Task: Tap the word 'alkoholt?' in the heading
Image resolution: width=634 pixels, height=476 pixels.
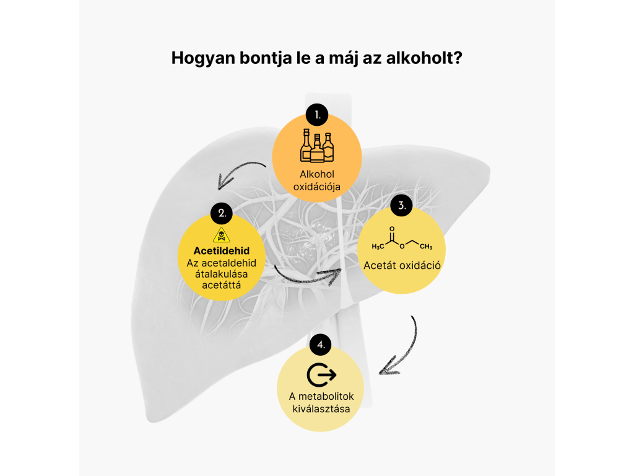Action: [x=424, y=58]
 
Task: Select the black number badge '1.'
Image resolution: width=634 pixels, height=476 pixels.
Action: [x=317, y=115]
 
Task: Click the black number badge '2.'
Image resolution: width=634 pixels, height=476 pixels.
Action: [x=222, y=213]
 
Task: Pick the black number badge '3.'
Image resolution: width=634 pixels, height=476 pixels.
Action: [x=401, y=205]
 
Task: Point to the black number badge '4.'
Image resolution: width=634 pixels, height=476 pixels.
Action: [x=321, y=345]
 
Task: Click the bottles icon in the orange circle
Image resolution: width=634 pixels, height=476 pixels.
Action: [x=317, y=146]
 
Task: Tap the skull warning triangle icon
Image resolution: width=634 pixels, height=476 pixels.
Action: [x=222, y=235]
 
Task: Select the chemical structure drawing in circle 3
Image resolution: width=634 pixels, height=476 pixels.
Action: [x=402, y=238]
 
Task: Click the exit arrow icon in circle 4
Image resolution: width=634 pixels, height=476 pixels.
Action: [x=321, y=375]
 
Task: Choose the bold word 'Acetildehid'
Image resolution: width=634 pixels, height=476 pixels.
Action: [x=222, y=251]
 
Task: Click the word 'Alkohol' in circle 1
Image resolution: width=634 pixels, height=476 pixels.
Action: [x=317, y=174]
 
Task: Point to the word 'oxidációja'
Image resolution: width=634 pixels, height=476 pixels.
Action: [x=317, y=187]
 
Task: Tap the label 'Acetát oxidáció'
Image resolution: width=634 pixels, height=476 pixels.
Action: [x=402, y=265]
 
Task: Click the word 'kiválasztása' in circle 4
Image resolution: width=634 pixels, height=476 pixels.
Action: [x=321, y=409]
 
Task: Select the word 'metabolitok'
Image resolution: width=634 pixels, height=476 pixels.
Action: [x=326, y=396]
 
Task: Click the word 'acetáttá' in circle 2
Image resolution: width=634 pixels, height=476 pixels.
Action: [x=222, y=285]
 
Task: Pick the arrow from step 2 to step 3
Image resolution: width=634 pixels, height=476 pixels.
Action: [x=306, y=280]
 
